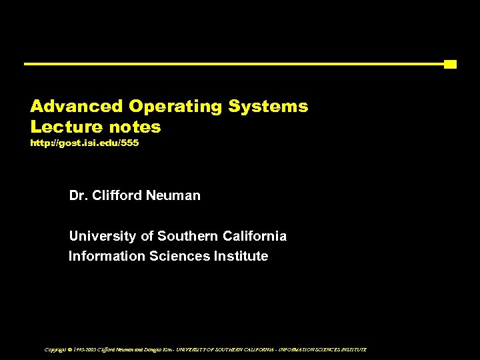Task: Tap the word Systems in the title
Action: (268, 107)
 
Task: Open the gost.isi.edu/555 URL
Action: (85, 143)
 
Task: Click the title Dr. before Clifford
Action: (78, 196)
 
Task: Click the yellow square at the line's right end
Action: (450, 64)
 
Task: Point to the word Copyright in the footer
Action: (55, 349)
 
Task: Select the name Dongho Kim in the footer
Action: (155, 349)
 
